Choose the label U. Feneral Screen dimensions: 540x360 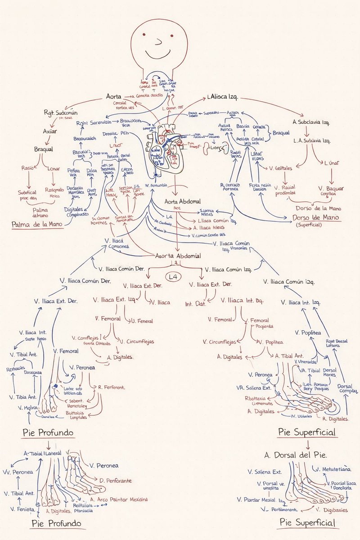142,321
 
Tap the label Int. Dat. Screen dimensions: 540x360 196,304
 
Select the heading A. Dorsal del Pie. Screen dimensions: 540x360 296,454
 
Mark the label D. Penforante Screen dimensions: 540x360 116,481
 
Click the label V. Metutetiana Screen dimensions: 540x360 332,470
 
